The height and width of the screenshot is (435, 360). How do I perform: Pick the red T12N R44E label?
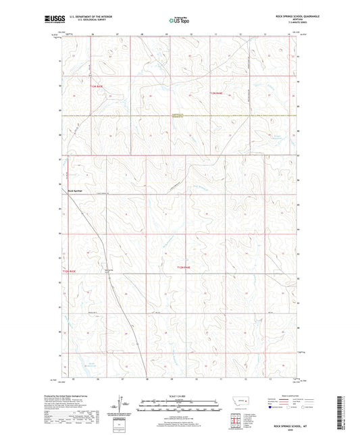click(183, 268)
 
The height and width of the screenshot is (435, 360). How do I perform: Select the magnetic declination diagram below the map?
click(120, 407)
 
